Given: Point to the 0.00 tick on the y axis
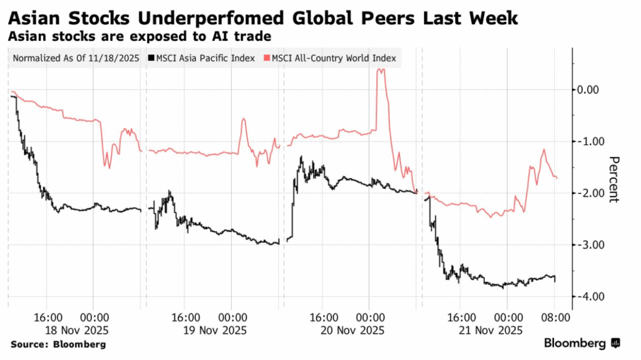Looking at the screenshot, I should point(589,90).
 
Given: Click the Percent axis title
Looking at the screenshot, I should point(614,178).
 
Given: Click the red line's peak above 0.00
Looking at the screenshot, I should point(381,70).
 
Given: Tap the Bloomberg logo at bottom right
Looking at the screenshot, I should point(582,343).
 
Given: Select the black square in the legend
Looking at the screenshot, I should point(151,59).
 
